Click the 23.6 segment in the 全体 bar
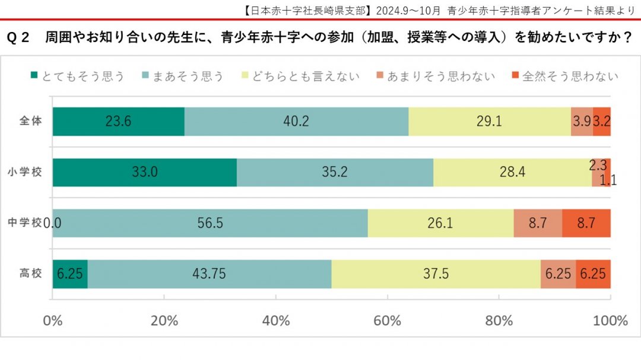pos(118,122)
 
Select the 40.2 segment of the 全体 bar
pos(296,122)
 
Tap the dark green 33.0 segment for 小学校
pos(144,173)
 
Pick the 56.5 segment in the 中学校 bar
pos(210,223)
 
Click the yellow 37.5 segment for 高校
pos(436,274)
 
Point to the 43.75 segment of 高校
pos(210,274)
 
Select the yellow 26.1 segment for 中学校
pos(440,223)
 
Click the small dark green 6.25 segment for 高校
pos(70,274)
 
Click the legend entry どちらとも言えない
pos(305,76)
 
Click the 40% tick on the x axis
pos(276,321)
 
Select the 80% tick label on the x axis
pos(499,321)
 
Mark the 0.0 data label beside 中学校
pos(53,224)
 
